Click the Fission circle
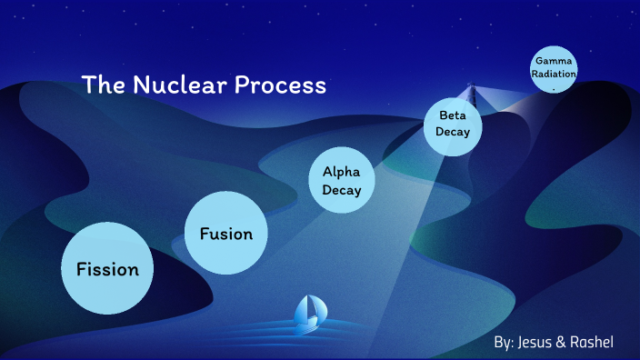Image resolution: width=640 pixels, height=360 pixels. (x=107, y=268)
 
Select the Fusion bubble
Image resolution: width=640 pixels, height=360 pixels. (x=226, y=233)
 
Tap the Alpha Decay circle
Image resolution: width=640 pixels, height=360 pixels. (x=342, y=181)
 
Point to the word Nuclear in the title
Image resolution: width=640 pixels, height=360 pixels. (x=178, y=86)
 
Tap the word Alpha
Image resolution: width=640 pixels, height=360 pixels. (x=342, y=172)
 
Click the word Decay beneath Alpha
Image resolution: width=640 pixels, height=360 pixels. (x=342, y=191)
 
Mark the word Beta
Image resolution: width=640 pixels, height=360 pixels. (x=453, y=115)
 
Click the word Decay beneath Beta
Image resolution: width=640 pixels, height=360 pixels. (x=453, y=133)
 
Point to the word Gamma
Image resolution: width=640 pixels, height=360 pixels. (x=555, y=60)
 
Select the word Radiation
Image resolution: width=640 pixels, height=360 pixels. (x=555, y=73)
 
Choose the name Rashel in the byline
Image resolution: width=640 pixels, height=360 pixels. (x=591, y=342)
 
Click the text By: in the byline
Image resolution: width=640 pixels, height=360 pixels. (x=504, y=342)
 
